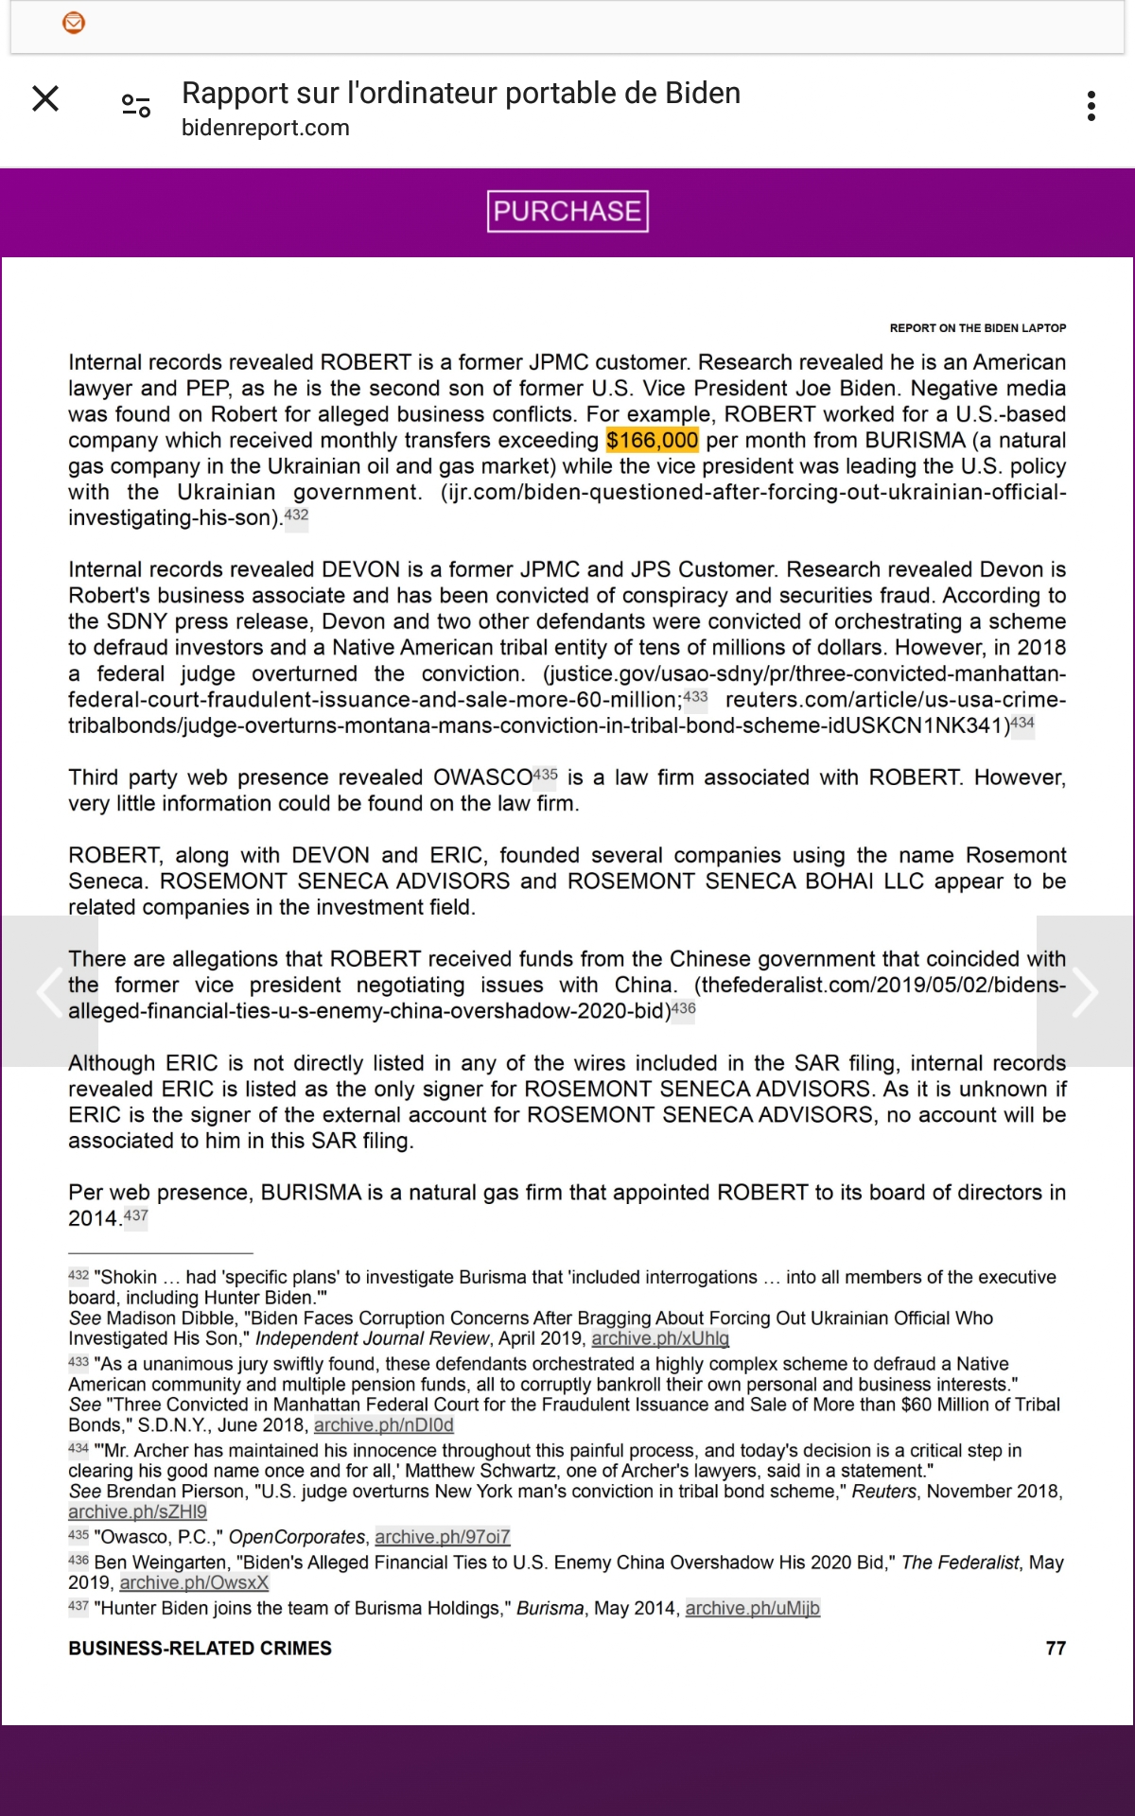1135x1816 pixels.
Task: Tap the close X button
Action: [45, 98]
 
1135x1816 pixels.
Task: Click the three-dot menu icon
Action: [1091, 106]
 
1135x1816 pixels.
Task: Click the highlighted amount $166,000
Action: [652, 441]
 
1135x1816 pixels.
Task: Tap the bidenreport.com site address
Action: [266, 128]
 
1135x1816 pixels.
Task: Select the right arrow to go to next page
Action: [1085, 991]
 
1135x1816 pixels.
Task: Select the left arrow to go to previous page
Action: [49, 991]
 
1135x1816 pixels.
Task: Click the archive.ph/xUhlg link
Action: [660, 1338]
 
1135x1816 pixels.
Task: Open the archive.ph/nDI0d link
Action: [383, 1425]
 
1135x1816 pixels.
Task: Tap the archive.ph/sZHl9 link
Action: [137, 1511]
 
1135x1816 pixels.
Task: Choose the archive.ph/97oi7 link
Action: [442, 1537]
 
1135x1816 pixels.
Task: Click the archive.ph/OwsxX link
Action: [194, 1582]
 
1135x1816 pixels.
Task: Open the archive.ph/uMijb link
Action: [752, 1608]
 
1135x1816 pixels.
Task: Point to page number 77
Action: [1056, 1649]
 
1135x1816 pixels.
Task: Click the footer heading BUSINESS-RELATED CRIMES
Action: [200, 1649]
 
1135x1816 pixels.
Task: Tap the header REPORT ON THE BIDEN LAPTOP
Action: [977, 328]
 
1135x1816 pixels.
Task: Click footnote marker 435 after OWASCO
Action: [545, 775]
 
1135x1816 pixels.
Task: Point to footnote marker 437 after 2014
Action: [136, 1215]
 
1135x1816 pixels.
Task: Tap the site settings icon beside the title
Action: [136, 106]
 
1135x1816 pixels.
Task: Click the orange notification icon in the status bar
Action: [74, 23]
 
